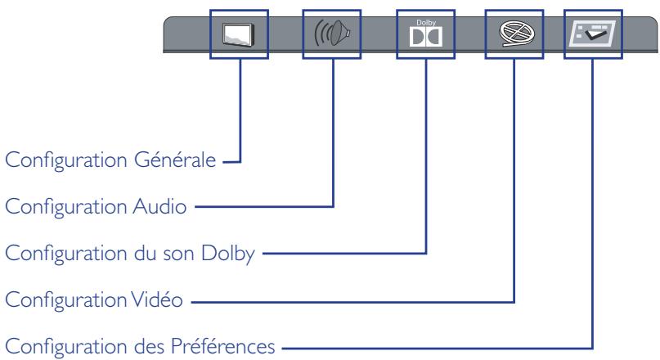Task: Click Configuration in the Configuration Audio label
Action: (65, 209)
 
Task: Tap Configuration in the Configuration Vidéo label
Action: (65, 303)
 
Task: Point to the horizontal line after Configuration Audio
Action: (262, 209)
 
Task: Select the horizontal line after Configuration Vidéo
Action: (352, 303)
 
